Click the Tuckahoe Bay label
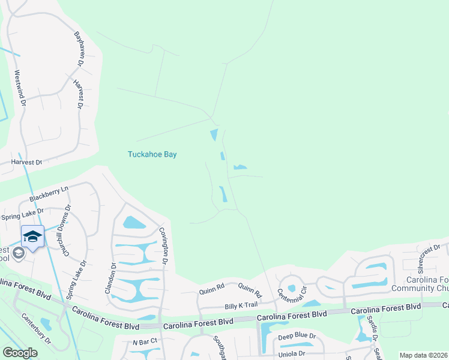152,154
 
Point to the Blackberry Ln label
49,193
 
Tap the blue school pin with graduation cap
32,236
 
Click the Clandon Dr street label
113,276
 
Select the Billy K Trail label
240,306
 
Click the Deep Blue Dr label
297,337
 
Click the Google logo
20,353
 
